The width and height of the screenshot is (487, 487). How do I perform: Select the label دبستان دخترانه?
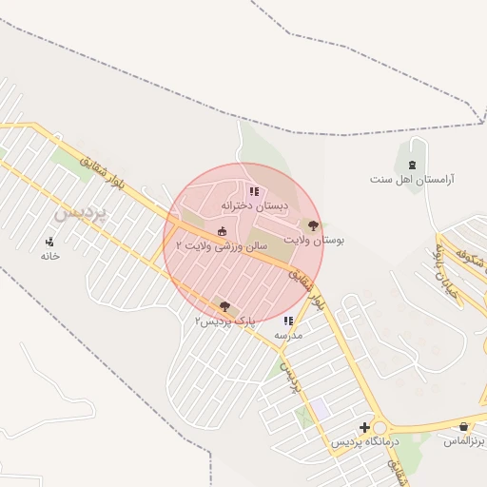[254, 205]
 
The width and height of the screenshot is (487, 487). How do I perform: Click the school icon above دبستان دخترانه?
[254, 192]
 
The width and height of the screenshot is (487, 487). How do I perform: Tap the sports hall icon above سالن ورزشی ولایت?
[223, 231]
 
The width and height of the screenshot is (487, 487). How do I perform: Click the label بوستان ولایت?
[315, 240]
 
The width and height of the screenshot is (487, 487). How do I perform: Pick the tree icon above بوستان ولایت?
[314, 224]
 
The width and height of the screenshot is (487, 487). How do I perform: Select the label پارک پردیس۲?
[219, 321]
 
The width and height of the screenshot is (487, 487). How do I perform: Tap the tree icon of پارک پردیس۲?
[224, 306]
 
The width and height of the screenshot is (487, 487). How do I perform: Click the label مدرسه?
[288, 336]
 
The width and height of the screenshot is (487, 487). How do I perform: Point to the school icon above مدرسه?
[288, 321]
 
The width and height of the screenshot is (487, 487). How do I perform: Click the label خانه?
[49, 256]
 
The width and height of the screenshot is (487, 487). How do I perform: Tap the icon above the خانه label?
[49, 242]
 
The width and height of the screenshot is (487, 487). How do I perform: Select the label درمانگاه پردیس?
[365, 442]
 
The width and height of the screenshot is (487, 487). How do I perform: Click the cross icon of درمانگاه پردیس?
[364, 427]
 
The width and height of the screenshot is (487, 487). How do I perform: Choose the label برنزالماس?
[465, 442]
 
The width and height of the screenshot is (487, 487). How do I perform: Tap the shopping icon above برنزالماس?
[463, 427]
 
